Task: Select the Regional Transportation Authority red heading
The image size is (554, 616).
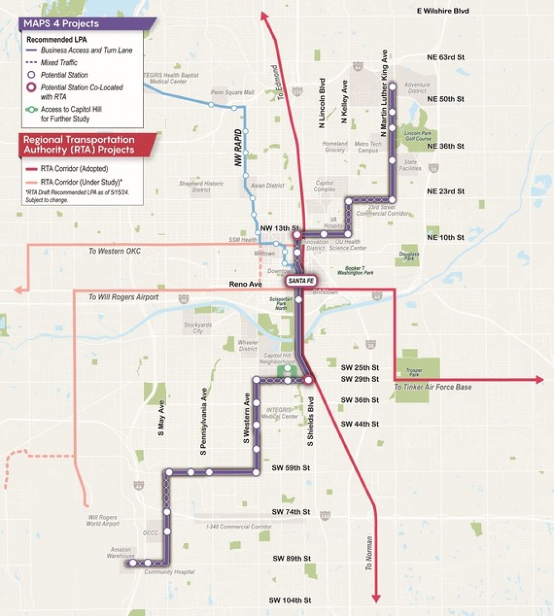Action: [78, 144]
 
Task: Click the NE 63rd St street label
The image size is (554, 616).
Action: [445, 57]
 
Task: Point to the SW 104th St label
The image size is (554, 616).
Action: [290, 600]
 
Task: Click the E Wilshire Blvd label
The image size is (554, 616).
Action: [443, 11]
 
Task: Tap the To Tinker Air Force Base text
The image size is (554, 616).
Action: [432, 387]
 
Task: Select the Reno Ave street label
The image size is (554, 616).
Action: [245, 283]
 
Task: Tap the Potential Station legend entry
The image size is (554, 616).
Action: [64, 75]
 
